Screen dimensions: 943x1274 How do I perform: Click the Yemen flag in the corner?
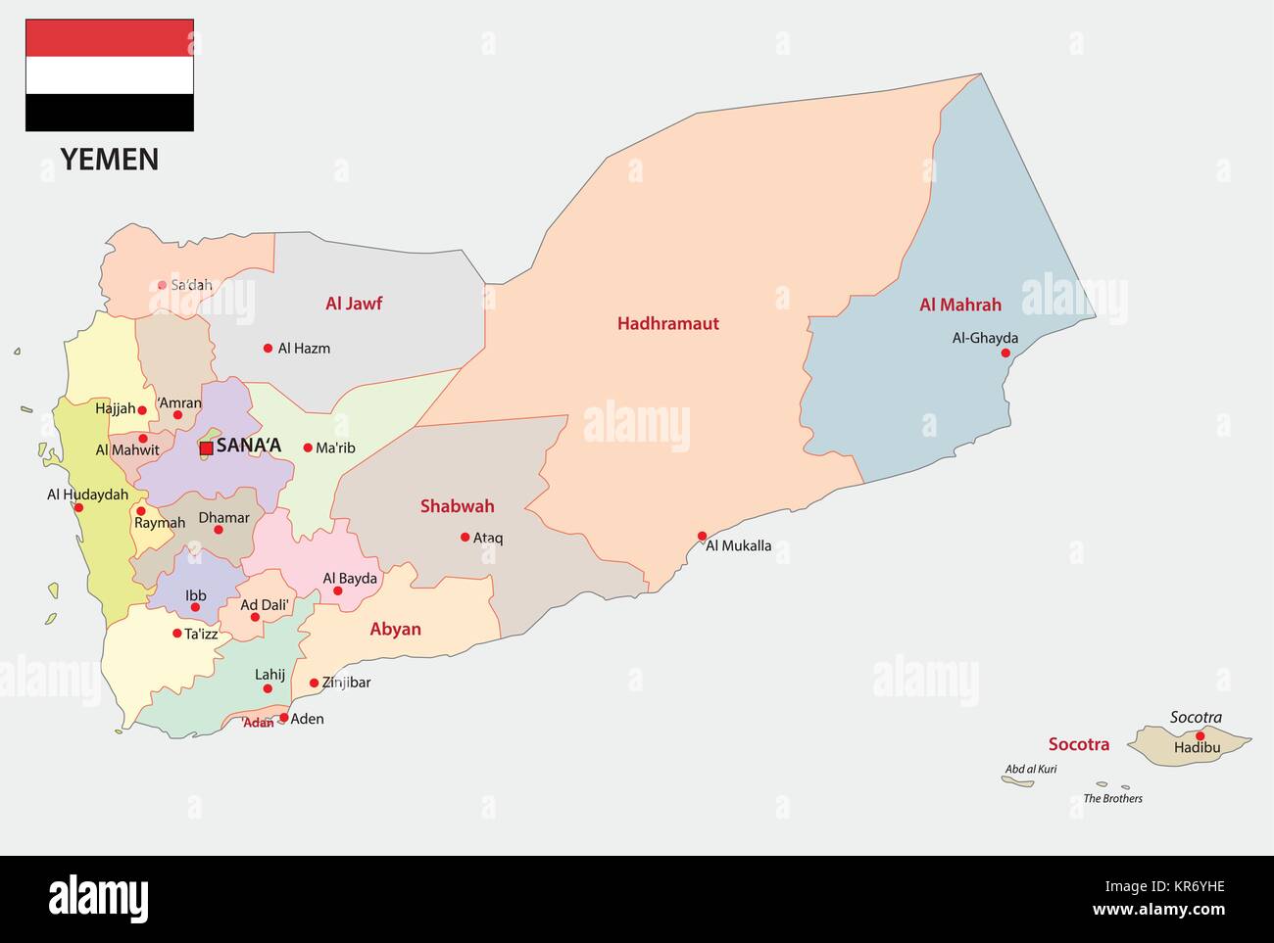[110, 75]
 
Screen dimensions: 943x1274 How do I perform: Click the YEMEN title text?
[110, 160]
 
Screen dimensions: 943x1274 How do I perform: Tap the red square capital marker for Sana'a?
[206, 448]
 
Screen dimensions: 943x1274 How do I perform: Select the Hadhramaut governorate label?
[667, 323]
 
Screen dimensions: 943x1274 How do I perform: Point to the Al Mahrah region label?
[959, 305]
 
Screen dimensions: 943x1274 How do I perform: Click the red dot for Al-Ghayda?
[1004, 353]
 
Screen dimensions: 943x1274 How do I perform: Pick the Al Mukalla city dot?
[702, 536]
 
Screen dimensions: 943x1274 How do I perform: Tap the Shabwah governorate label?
[457, 506]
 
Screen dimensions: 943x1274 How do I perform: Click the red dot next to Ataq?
[465, 537]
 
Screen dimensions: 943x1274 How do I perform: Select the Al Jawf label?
[354, 304]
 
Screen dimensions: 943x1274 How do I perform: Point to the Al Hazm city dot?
[268, 348]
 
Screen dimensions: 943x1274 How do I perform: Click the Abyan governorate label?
[395, 629]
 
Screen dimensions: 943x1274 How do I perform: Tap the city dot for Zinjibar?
[314, 684]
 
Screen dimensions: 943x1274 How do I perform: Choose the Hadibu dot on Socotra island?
[1200, 735]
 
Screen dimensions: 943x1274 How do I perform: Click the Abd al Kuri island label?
[1030, 769]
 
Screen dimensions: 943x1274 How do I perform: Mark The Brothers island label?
[1112, 798]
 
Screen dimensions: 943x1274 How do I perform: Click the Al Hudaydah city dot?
[78, 507]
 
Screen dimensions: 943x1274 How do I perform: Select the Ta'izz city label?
[201, 634]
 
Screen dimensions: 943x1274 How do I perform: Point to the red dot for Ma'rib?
[307, 448]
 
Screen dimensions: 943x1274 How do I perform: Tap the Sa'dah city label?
[191, 285]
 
